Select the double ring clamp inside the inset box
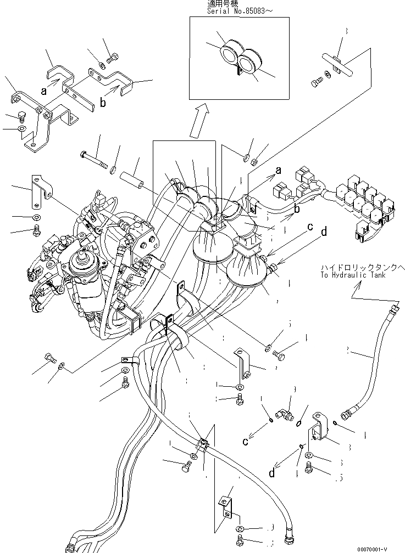coord(240,56)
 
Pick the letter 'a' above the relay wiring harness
coord(279,171)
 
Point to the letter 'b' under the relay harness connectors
coord(297,210)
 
